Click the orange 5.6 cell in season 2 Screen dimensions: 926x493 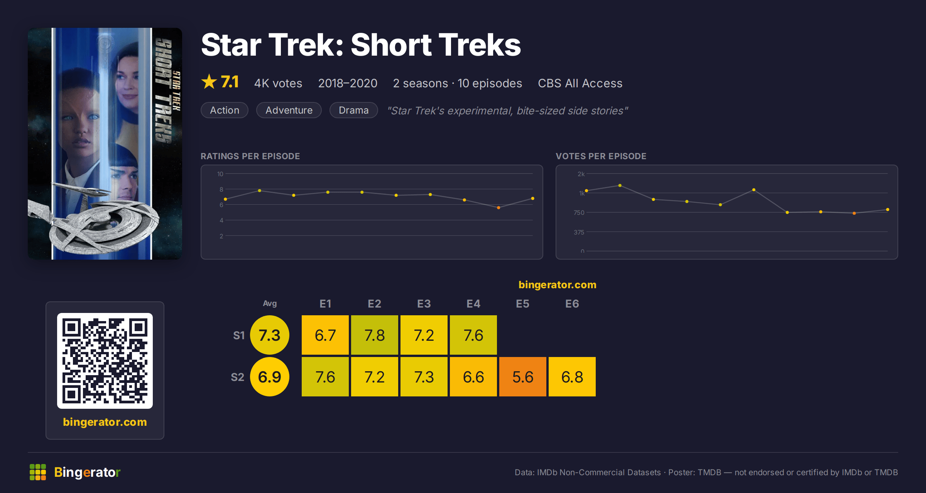523,377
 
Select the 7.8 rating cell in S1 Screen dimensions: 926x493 375,335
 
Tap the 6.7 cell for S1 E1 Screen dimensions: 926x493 325,335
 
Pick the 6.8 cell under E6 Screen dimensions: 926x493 572,377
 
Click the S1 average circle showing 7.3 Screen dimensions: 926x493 270,335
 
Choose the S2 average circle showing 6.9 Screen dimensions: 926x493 270,377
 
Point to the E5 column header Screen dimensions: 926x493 523,304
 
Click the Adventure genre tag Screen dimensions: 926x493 289,110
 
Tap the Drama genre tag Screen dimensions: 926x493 354,110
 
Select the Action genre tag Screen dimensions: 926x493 225,110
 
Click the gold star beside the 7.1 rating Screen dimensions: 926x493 209,82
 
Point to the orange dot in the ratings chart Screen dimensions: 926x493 498,208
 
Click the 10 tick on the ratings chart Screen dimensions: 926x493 220,174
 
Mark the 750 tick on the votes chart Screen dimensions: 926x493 579,212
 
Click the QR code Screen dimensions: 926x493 105,361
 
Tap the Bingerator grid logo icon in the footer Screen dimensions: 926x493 38,472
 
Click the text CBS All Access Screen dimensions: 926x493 580,83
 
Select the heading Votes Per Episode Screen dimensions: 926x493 601,156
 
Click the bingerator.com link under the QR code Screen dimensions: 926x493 105,422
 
